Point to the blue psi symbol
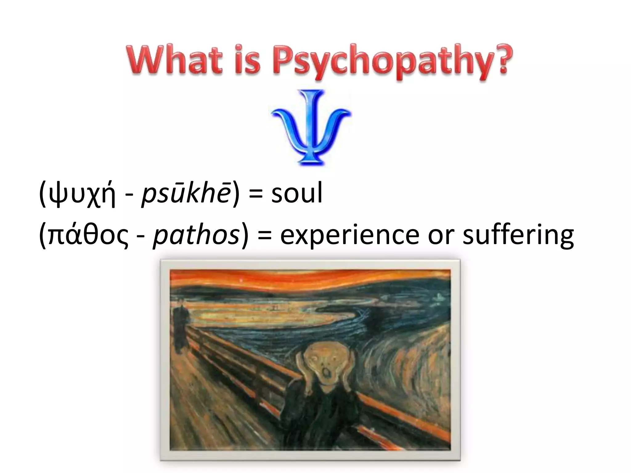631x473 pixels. click(x=311, y=126)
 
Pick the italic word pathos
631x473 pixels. click(x=196, y=235)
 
